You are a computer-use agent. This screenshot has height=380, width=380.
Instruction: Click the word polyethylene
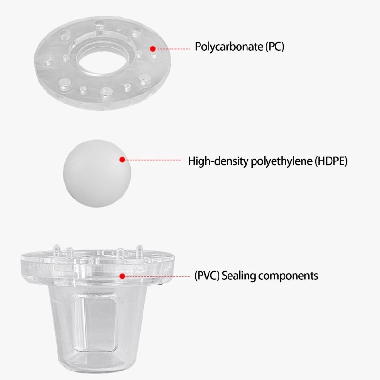point(279,161)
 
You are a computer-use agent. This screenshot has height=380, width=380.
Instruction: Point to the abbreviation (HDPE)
point(331,161)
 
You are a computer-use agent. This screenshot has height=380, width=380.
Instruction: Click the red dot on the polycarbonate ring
point(152,48)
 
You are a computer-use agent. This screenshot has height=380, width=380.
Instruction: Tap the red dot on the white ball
point(122,161)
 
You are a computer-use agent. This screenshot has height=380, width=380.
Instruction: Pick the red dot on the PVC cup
point(122,275)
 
